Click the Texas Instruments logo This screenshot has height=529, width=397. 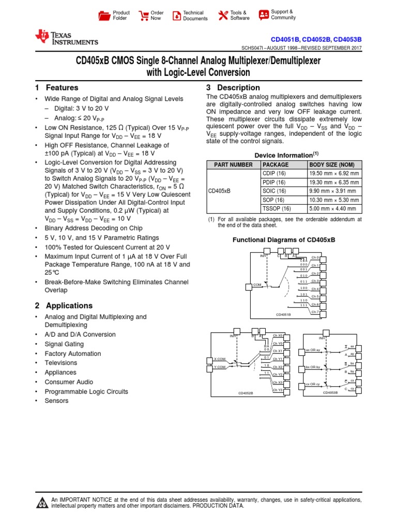66,38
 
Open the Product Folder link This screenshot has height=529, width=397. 114,15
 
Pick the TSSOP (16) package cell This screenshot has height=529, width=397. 277,209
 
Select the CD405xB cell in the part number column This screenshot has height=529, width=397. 219,191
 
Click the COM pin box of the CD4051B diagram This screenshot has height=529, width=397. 249,285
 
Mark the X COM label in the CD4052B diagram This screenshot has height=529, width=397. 220,359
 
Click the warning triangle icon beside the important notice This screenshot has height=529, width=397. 41,503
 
